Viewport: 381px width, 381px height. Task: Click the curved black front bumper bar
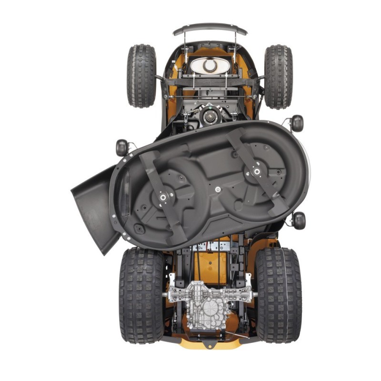click(x=210, y=29)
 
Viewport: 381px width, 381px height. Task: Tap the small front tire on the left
click(x=141, y=76)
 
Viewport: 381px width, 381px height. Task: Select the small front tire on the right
click(x=278, y=76)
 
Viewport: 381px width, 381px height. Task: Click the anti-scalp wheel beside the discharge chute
click(x=121, y=148)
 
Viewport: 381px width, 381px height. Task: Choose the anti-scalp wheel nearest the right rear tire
click(x=299, y=220)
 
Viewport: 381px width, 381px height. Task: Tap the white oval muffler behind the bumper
click(x=210, y=65)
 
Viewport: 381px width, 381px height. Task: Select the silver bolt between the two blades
click(x=218, y=190)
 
